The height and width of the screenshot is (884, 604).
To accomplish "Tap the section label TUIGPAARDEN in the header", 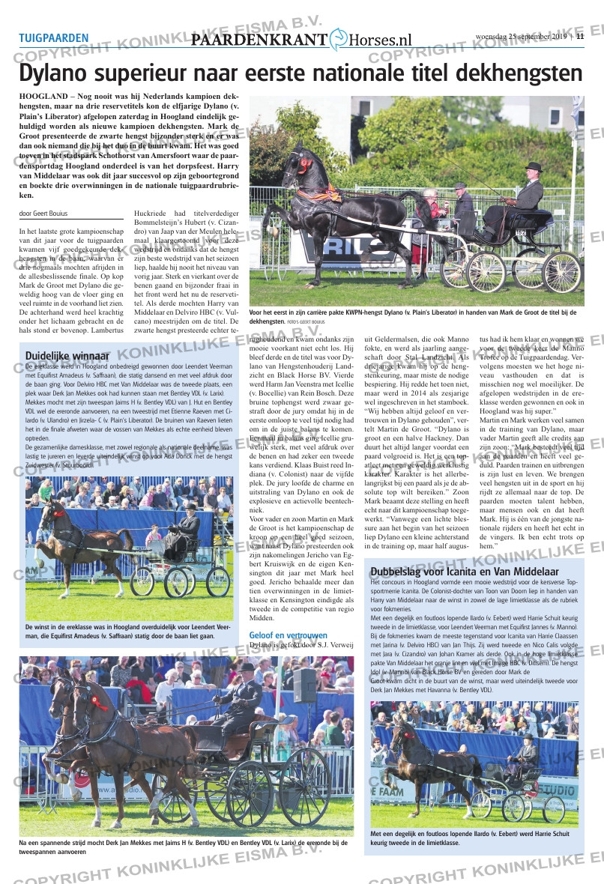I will point(53,37).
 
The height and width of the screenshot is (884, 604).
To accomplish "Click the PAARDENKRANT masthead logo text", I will point(259,40).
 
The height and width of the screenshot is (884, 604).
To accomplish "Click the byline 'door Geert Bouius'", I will point(43,214).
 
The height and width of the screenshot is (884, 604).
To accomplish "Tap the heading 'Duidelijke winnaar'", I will point(67,356).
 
